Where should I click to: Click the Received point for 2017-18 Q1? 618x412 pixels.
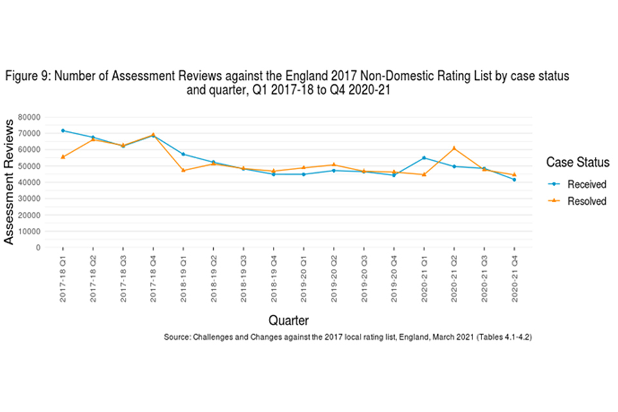[x=62, y=131]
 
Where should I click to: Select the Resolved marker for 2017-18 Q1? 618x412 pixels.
[x=62, y=156]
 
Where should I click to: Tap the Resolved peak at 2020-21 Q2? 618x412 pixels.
[x=454, y=148]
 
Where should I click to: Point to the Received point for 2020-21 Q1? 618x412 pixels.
[x=424, y=158]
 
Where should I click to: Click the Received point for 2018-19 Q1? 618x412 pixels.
[x=183, y=154]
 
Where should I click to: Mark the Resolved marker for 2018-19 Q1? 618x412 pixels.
[x=183, y=170]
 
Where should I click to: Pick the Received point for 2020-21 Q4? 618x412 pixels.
[x=514, y=180]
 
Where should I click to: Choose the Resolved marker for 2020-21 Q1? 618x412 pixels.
[x=424, y=174]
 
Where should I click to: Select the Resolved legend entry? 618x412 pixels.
[x=586, y=201]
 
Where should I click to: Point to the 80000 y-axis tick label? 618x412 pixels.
[x=30, y=117]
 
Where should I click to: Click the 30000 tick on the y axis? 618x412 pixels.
[x=30, y=198]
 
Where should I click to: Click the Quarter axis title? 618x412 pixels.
[x=288, y=320]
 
